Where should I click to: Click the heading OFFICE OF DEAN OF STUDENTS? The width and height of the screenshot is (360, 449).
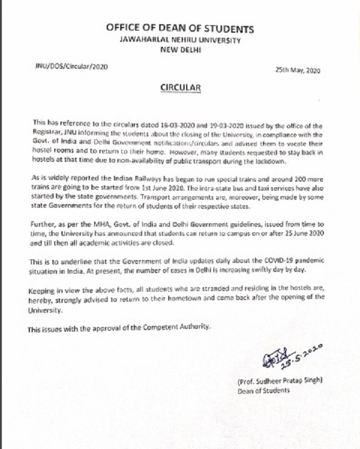(x=180, y=29)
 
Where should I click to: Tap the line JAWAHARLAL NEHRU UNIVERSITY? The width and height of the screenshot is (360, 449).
(x=179, y=41)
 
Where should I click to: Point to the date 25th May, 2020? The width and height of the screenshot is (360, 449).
(x=297, y=71)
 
